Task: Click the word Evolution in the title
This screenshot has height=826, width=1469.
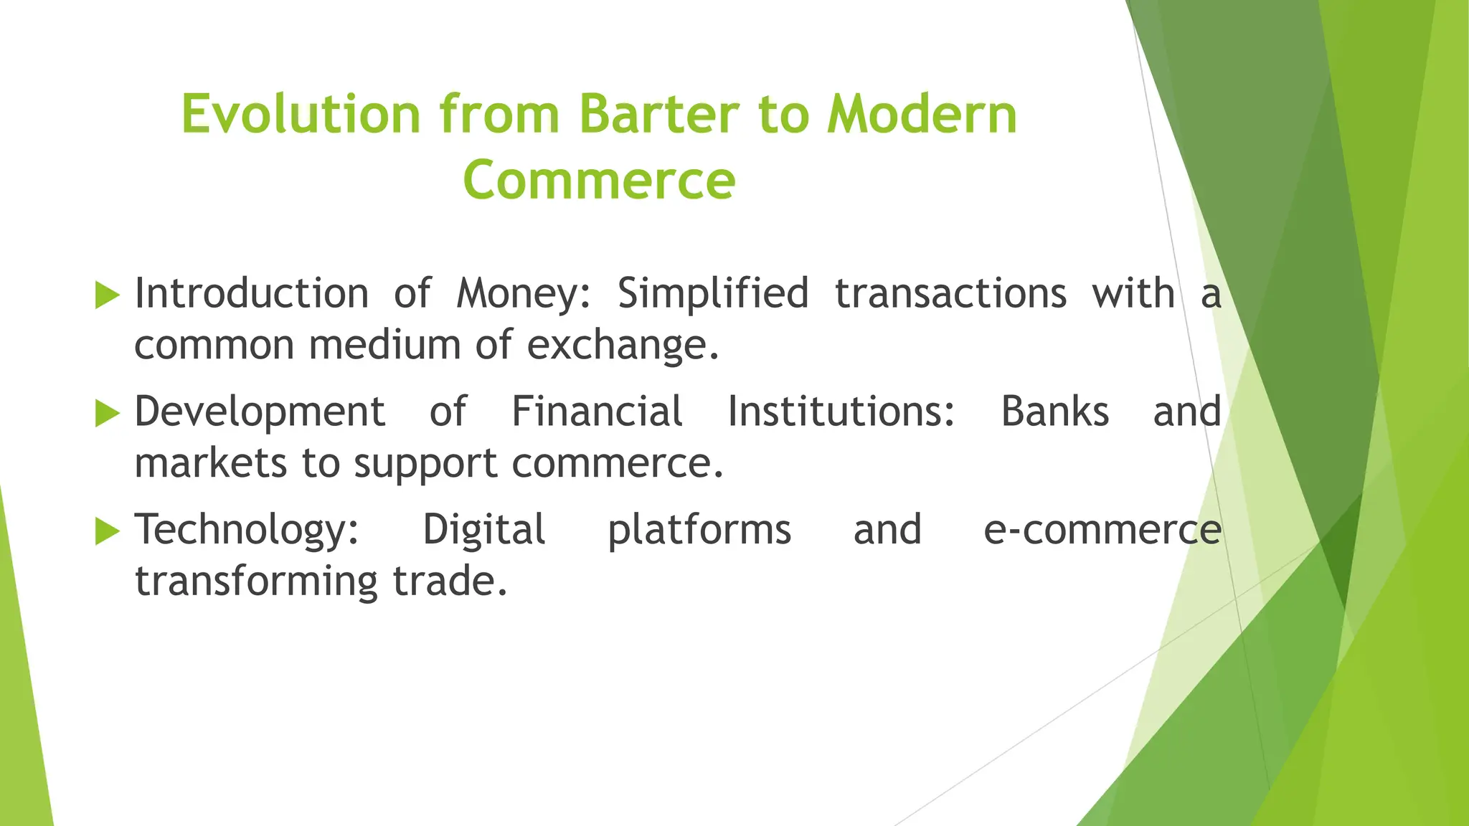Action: click(300, 115)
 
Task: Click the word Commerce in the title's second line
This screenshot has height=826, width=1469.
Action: click(599, 180)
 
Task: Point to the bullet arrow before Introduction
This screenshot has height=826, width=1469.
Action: click(107, 295)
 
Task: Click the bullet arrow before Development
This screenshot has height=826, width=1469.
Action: click(107, 413)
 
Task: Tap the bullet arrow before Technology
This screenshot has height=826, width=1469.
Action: click(107, 531)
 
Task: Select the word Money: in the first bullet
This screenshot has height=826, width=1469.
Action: click(524, 295)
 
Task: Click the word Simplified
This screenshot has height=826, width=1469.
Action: click(713, 295)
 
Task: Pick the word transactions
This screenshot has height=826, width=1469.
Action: click(950, 295)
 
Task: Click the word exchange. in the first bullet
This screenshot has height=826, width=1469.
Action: click(623, 346)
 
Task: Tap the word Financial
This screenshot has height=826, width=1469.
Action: click(597, 412)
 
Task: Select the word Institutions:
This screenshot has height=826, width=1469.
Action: click(841, 412)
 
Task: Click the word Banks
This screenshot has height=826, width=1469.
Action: click(1054, 412)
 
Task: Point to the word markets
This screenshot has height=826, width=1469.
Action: click(212, 464)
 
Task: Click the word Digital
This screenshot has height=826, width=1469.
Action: click(483, 531)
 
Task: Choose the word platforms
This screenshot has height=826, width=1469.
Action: click(699, 532)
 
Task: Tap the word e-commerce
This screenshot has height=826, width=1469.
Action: click(1102, 531)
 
